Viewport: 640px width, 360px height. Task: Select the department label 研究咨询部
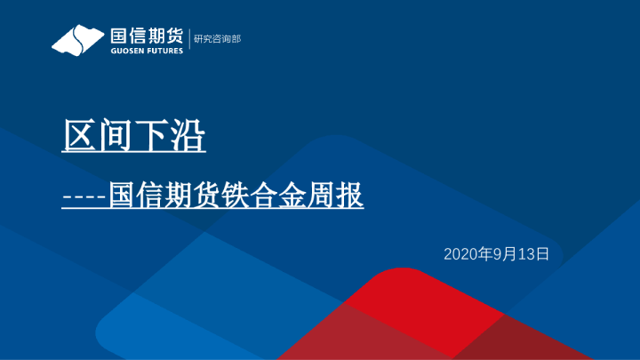tap(217, 39)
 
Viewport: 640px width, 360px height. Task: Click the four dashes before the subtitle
tap(84, 196)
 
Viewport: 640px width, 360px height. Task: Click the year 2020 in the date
tap(460, 254)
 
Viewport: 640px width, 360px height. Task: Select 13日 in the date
tap(533, 254)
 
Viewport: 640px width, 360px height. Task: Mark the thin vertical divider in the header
tap(188, 40)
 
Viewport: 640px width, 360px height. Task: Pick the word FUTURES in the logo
tap(164, 51)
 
